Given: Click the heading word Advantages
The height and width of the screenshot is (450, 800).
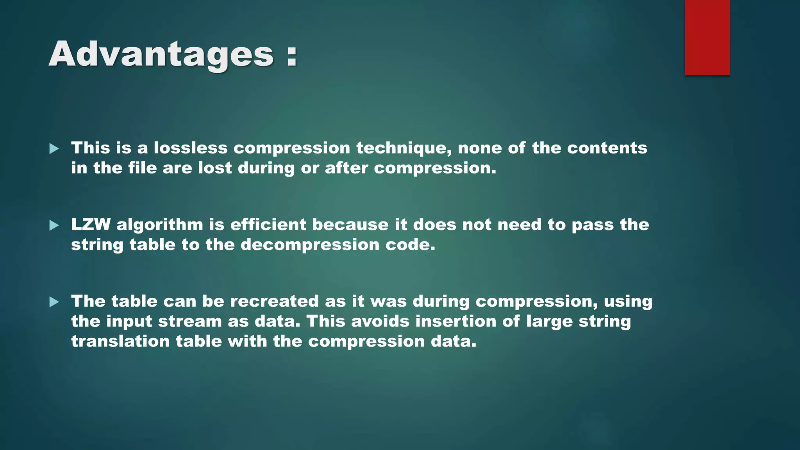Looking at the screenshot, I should pos(161,55).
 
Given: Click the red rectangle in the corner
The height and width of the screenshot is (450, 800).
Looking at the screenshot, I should pos(707,37).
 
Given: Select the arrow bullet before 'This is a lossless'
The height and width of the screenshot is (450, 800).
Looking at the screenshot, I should pos(54,148).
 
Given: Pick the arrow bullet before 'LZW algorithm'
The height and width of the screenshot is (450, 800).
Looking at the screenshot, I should pos(54,225).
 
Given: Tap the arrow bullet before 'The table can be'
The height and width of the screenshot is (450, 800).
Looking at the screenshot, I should pos(54,302).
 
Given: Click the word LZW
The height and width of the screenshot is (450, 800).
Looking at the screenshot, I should pos(91,225).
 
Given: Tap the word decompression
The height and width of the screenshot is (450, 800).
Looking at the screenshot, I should pos(310,245).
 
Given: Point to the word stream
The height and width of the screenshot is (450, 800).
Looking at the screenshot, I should pos(190,321).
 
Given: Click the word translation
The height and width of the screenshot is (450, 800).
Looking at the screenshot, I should pos(120,341).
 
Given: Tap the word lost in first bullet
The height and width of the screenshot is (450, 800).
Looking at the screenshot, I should pos(215,168).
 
